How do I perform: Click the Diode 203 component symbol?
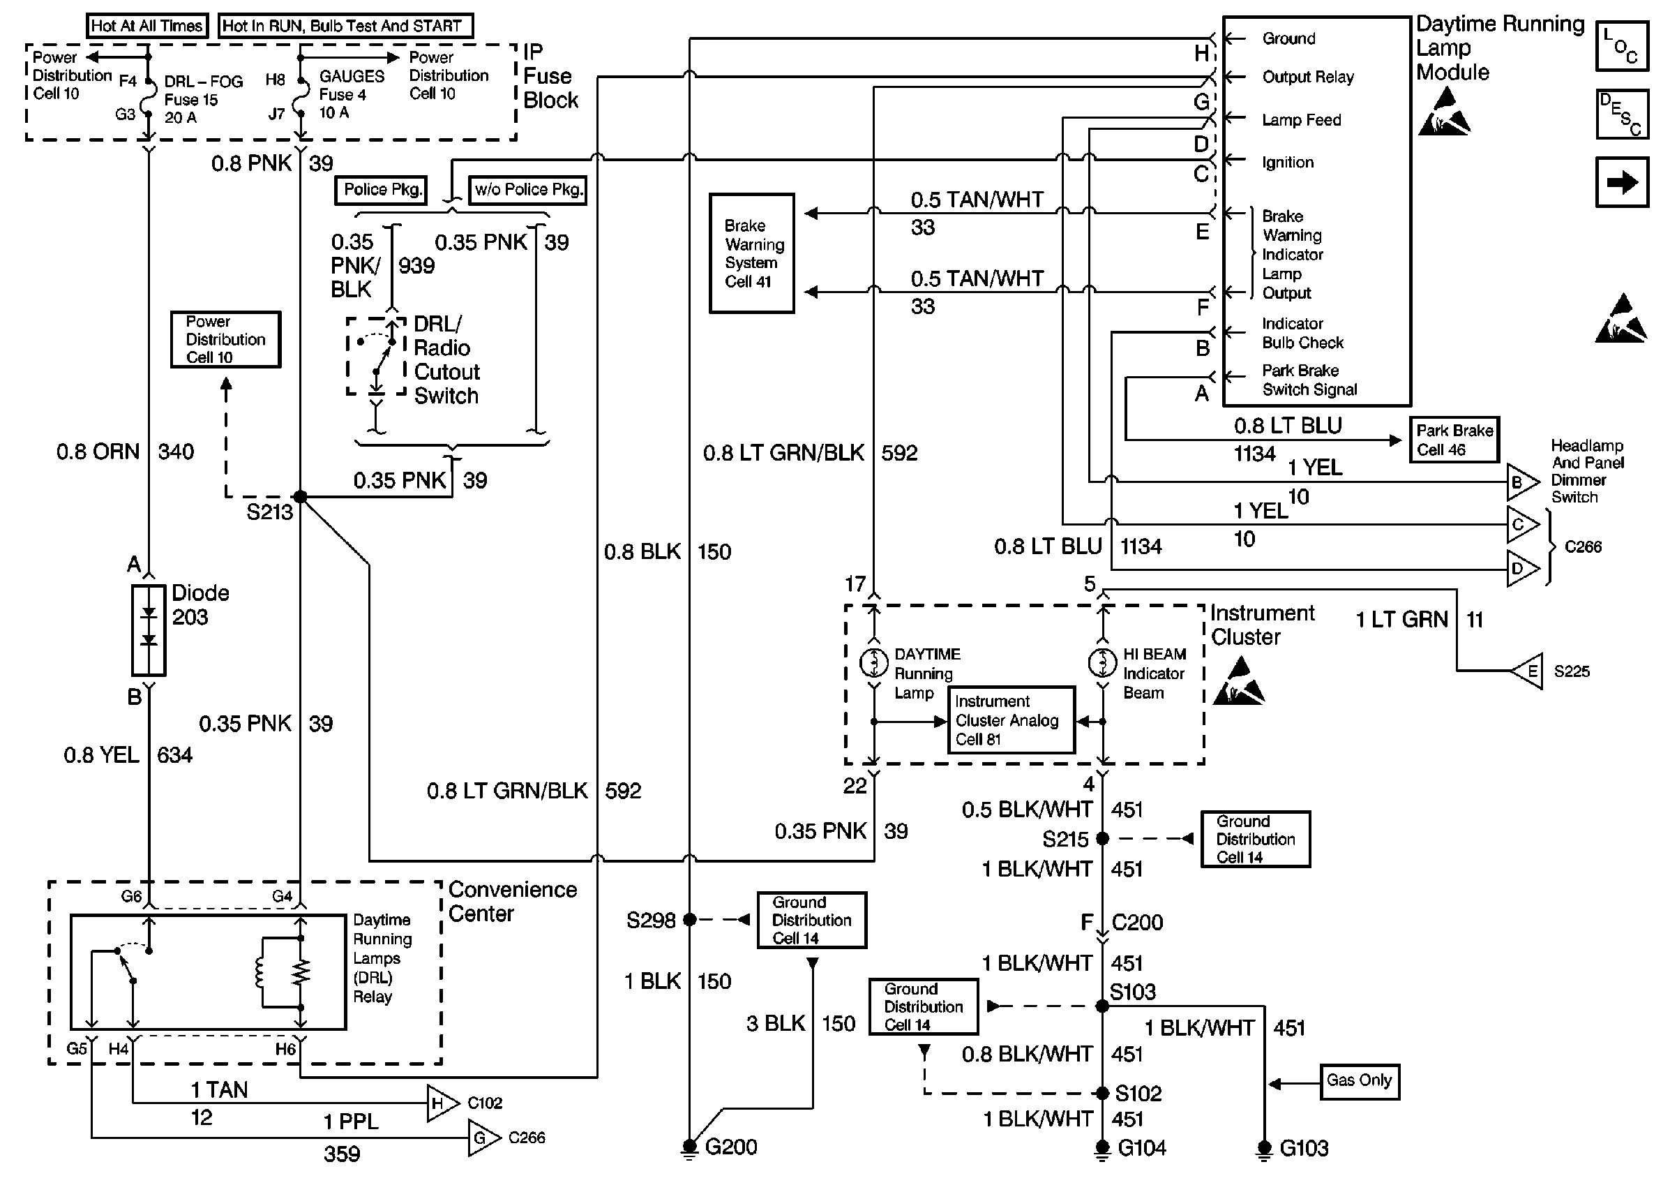click(x=149, y=630)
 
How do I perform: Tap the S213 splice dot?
click(x=300, y=496)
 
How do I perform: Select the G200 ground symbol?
click(x=689, y=1148)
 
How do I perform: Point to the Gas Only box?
click(x=1359, y=1082)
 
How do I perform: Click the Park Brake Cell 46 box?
click(x=1454, y=440)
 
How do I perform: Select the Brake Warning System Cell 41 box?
click(x=751, y=253)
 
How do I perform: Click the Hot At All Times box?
click(x=146, y=26)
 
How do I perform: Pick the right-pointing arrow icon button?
click(x=1621, y=181)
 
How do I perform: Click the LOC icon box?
click(x=1621, y=47)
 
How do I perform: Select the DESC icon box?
click(x=1621, y=114)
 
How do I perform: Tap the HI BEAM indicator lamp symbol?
click(x=1102, y=662)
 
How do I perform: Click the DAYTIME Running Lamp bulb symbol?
click(x=874, y=662)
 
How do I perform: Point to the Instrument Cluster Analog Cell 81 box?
click(x=1011, y=720)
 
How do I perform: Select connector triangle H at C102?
click(x=440, y=1103)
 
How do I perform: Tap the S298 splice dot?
click(x=689, y=919)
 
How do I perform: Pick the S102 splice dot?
click(x=1102, y=1093)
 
